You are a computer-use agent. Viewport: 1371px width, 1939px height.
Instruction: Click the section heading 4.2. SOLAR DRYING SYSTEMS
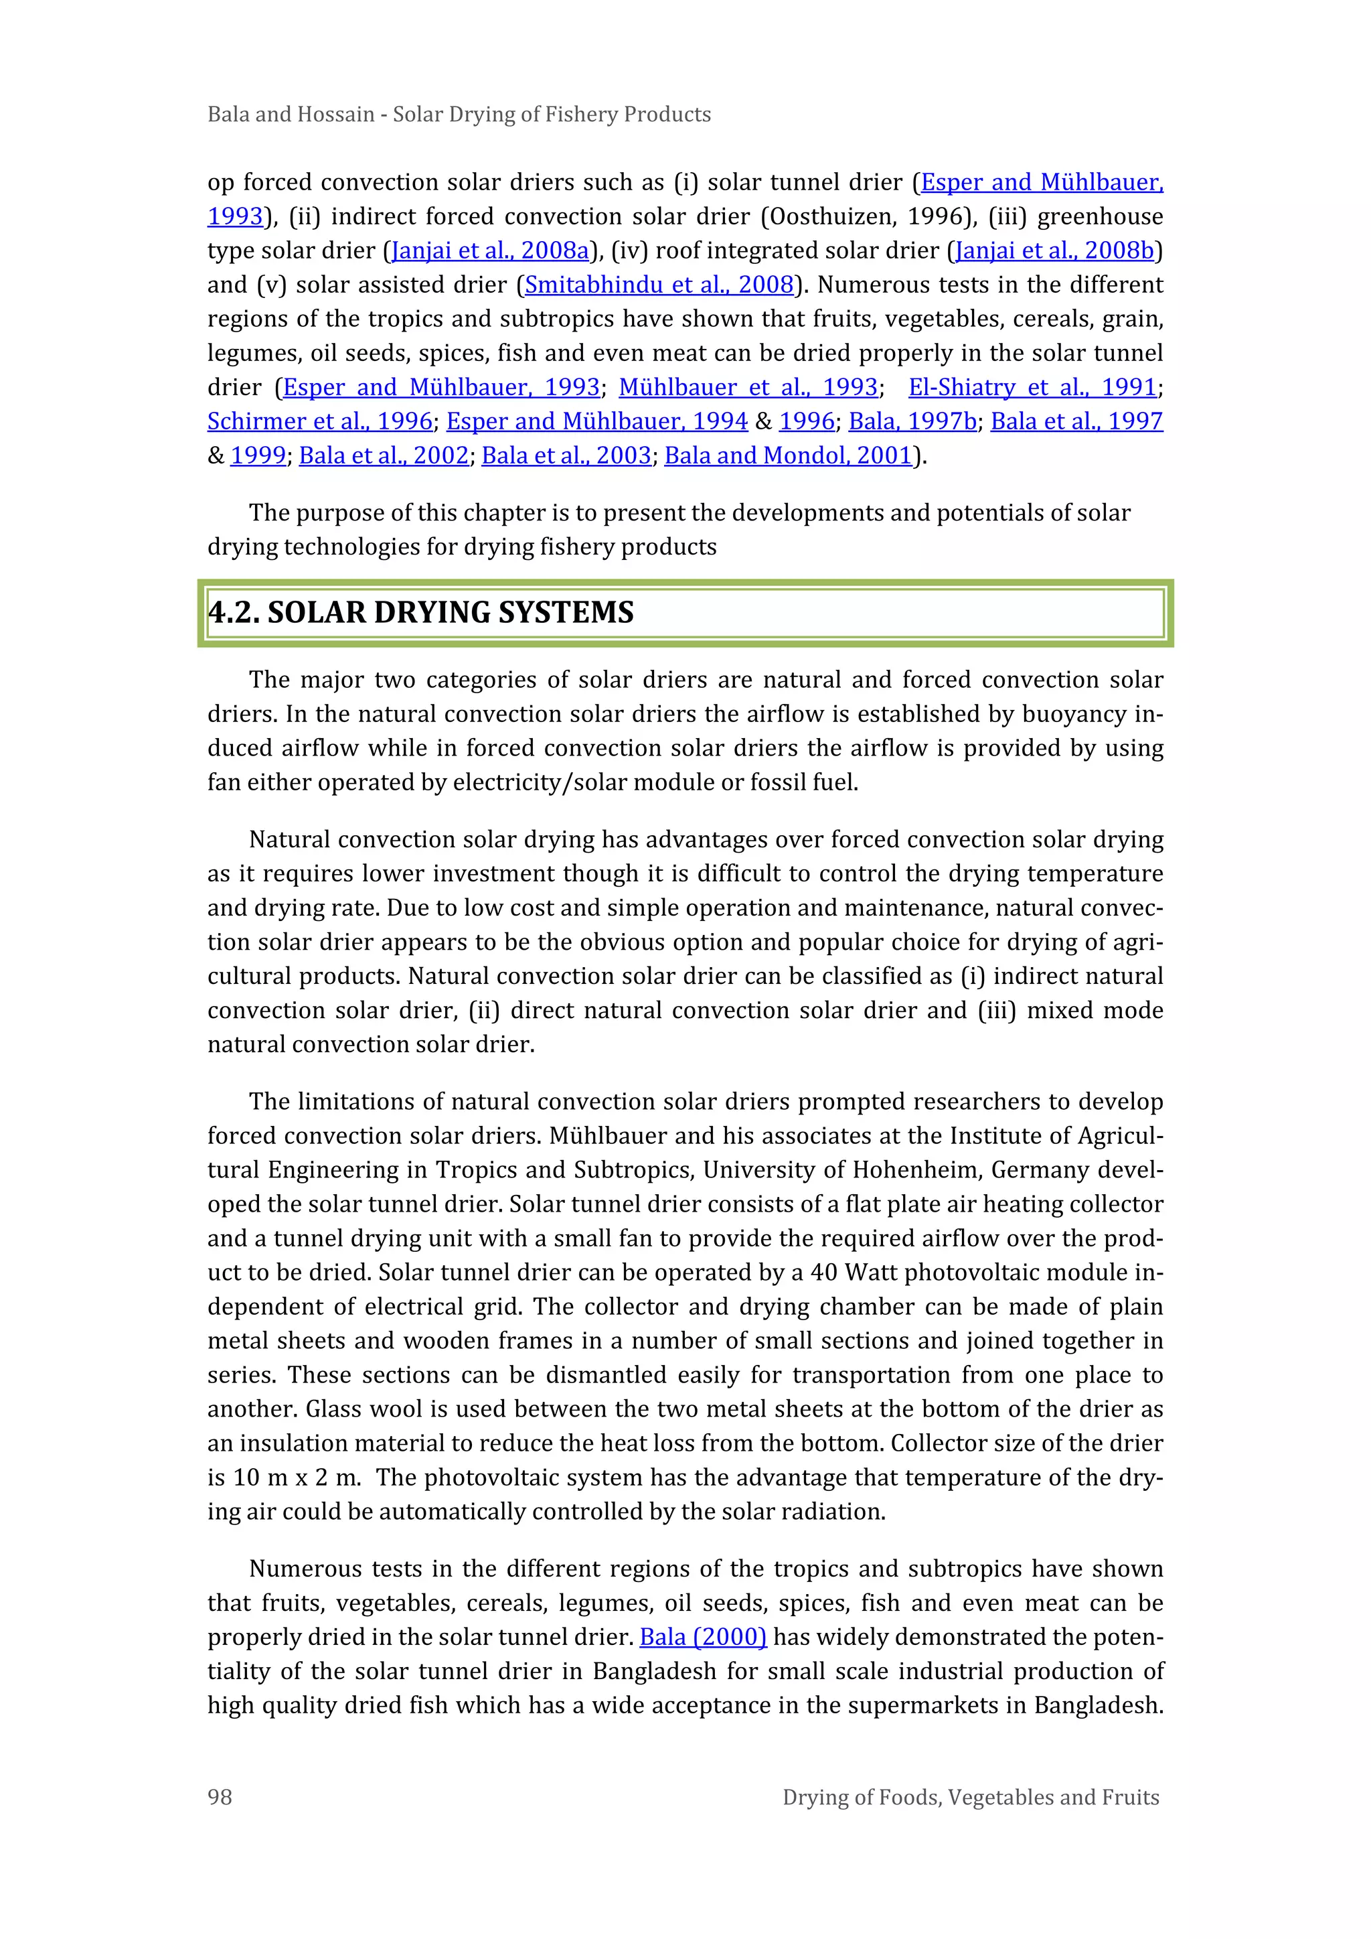[x=420, y=613]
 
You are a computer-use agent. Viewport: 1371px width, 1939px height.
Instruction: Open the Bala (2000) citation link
[x=702, y=1637]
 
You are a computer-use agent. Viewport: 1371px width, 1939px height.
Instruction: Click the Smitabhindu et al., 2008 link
[x=659, y=285]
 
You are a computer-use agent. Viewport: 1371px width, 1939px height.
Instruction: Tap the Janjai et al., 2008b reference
[x=1054, y=250]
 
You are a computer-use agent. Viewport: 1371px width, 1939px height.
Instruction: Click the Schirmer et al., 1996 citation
[x=320, y=421]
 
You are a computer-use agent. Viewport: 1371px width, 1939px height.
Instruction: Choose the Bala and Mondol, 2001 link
[x=789, y=455]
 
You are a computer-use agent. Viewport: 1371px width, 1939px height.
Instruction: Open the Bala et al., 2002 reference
[x=384, y=455]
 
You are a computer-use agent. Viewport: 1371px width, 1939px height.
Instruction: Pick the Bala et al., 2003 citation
[x=566, y=455]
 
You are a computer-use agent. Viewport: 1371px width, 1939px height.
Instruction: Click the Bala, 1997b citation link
[x=912, y=421]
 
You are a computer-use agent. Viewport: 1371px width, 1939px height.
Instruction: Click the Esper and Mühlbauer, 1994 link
[x=597, y=421]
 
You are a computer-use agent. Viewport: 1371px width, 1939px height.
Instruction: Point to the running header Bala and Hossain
[x=291, y=114]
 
